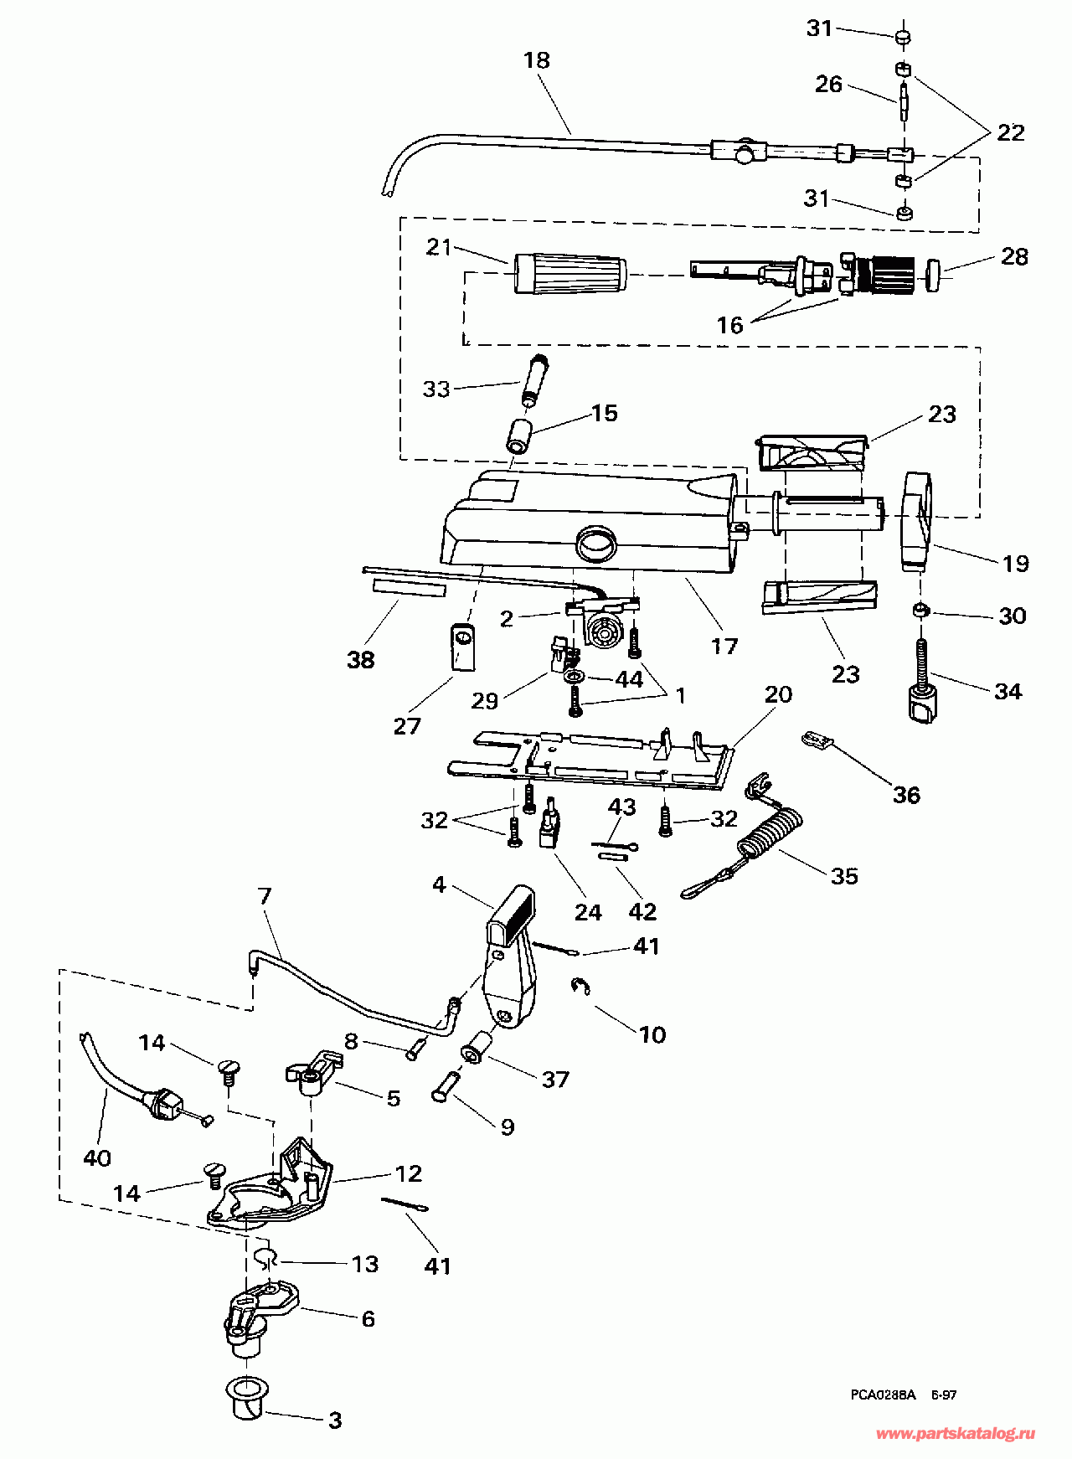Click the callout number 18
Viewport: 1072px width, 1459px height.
(536, 60)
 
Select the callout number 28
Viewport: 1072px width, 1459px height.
(1014, 256)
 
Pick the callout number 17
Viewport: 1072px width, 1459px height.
(724, 646)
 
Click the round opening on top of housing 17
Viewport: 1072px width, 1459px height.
(595, 544)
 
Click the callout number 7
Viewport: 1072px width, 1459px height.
(265, 896)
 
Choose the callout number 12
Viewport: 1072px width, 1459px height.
(408, 1173)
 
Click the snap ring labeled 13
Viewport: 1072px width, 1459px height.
(264, 1256)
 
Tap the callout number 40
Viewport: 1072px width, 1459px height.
(97, 1157)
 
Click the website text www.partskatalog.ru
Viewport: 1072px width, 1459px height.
(956, 1433)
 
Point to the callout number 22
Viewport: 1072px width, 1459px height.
(1010, 132)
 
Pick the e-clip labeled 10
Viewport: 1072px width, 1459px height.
(580, 987)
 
